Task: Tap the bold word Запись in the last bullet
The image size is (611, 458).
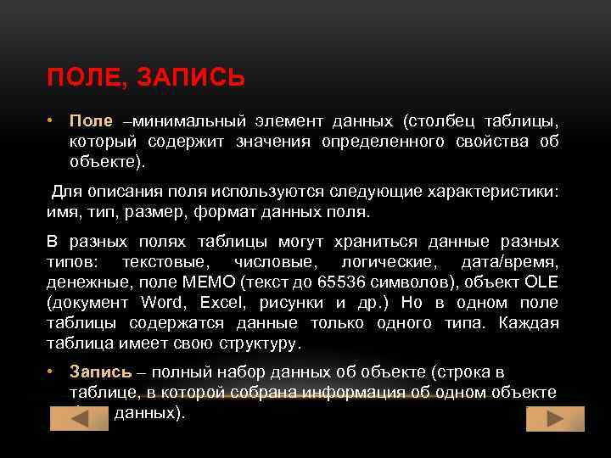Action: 100,372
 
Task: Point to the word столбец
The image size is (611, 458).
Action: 446,121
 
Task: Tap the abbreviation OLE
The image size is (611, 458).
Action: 541,282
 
